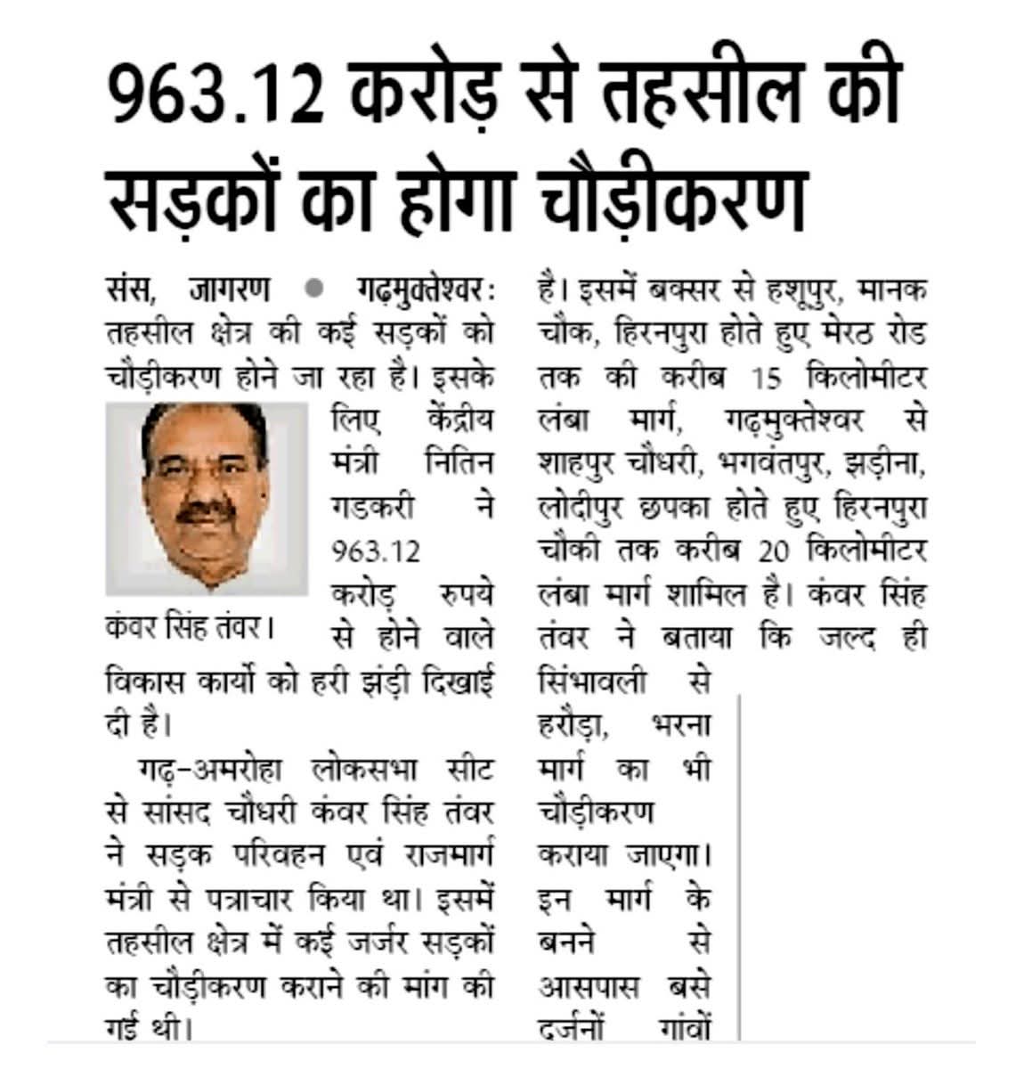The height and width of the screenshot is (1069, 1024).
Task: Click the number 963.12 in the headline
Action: coord(215,94)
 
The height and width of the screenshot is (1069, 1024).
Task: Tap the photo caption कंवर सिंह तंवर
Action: coord(187,626)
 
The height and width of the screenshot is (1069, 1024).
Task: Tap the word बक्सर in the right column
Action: coord(684,290)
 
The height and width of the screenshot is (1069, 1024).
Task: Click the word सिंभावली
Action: coord(593,681)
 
